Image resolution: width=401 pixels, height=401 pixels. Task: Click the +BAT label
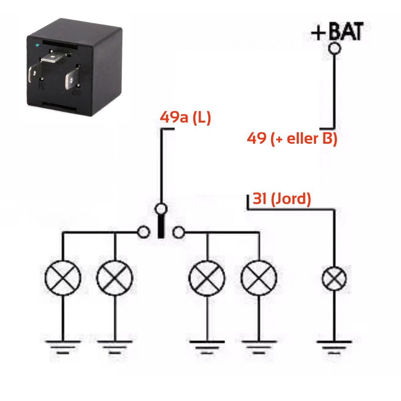(x=337, y=32)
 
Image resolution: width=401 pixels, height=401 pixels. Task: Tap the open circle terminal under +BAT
(x=334, y=48)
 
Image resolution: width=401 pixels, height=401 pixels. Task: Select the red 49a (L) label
(x=185, y=117)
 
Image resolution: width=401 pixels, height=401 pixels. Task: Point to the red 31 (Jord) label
(x=282, y=199)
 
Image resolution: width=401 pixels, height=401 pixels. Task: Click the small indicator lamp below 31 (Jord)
(x=334, y=279)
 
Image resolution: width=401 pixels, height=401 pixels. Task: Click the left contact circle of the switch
(x=144, y=232)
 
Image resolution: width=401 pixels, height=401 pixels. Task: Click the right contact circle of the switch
(x=179, y=232)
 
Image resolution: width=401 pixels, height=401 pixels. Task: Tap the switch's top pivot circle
(x=161, y=209)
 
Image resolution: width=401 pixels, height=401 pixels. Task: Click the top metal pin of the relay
(x=54, y=59)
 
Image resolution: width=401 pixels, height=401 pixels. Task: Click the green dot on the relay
(x=37, y=46)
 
